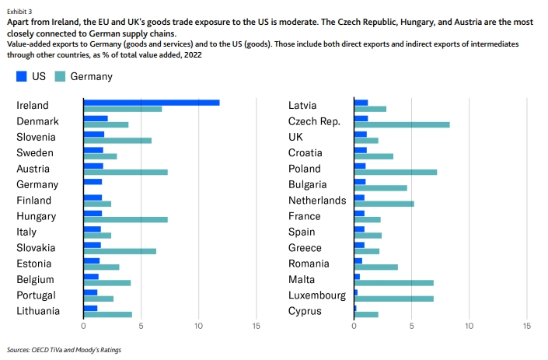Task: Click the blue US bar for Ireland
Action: point(152,103)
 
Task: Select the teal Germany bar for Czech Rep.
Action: point(402,124)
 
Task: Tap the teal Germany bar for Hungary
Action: point(125,219)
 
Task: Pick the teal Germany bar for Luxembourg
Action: point(393,299)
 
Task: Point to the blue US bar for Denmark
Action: point(96,118)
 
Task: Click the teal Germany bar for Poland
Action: point(396,172)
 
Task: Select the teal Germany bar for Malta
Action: point(393,282)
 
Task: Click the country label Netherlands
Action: point(317,201)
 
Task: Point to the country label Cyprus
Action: point(305,311)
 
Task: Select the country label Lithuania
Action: point(38,311)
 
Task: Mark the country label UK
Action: point(297,137)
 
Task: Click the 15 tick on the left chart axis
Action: point(257,327)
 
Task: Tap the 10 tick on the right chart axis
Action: point(469,327)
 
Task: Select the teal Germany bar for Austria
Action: point(125,172)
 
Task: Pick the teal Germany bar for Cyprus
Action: point(366,314)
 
